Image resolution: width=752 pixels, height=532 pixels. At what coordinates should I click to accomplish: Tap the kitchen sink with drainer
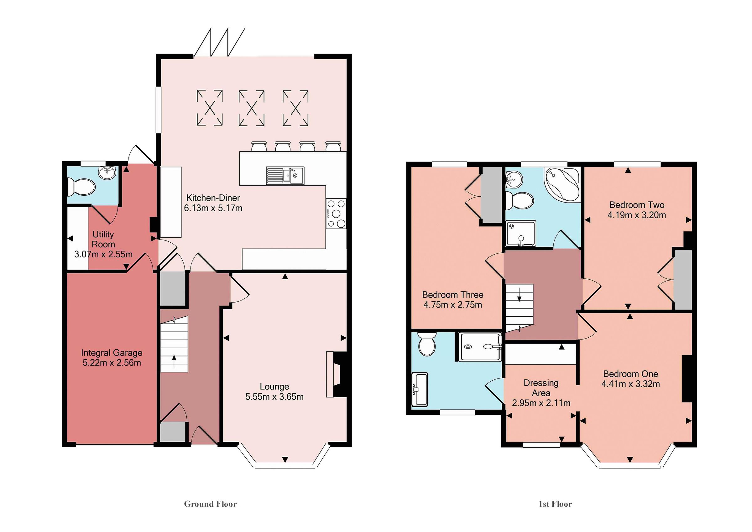(285, 176)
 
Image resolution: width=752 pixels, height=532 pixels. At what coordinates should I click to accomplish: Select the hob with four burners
(336, 213)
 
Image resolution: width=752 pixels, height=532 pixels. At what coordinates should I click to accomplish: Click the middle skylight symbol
(251, 108)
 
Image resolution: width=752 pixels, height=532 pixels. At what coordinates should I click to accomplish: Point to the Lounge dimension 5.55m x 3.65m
(274, 397)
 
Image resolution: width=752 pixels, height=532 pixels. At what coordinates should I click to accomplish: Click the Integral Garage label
(112, 353)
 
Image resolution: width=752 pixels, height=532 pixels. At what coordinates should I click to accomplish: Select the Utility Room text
(103, 239)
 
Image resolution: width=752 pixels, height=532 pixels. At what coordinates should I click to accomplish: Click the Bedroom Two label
(636, 205)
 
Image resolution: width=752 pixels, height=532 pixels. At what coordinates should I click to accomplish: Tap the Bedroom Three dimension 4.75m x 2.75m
(452, 305)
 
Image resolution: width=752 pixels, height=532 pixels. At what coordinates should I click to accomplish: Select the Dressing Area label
(541, 387)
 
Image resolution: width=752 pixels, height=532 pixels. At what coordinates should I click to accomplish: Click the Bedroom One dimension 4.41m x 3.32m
(630, 384)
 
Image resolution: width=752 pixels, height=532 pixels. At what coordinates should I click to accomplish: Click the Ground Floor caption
(210, 504)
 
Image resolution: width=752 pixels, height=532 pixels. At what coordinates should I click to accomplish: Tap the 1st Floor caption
(555, 504)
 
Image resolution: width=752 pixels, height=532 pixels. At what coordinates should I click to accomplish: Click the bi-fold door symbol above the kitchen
(219, 43)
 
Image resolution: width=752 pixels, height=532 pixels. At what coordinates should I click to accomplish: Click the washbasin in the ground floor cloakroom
(107, 173)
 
